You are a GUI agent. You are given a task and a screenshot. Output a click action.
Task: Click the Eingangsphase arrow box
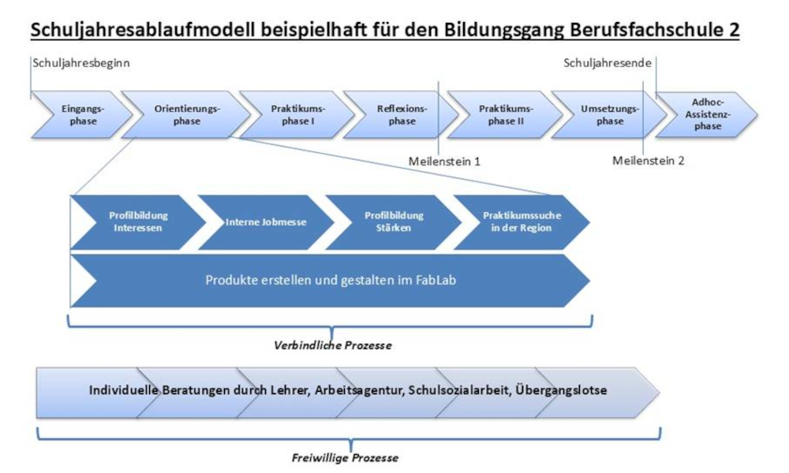[79, 115]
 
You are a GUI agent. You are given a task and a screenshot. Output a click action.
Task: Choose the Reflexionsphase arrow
[401, 115]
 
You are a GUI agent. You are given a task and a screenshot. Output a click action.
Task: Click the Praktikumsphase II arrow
[506, 115]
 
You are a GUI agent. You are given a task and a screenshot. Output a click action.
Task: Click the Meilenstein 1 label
[444, 161]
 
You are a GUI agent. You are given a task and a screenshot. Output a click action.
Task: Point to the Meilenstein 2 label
[648, 161]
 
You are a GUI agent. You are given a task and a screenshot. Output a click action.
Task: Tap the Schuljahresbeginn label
[81, 64]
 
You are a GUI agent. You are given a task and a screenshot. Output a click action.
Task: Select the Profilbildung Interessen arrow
[138, 222]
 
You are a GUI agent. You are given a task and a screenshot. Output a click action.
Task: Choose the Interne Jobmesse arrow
[266, 222]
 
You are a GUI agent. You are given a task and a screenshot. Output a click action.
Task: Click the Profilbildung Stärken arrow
[394, 222]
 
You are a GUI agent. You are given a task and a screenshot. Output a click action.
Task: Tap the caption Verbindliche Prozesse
[332, 345]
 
